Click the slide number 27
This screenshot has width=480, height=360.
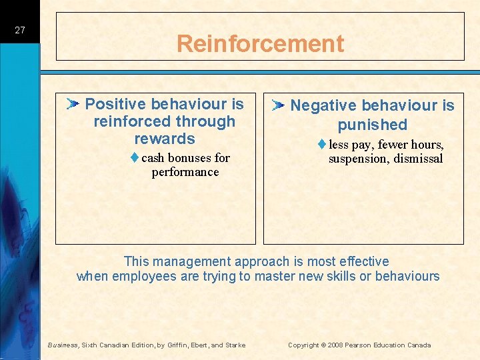point(19,30)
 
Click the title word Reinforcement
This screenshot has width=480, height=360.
point(260,44)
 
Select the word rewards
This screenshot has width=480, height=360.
point(165,139)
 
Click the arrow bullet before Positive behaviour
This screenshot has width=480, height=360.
point(73,103)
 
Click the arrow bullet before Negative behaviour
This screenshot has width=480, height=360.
point(279,105)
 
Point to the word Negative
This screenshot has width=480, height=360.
point(321,105)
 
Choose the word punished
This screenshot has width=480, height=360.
point(372,125)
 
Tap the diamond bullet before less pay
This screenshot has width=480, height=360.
point(321,145)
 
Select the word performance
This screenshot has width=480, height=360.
point(185,172)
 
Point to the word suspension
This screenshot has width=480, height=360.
point(357,159)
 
